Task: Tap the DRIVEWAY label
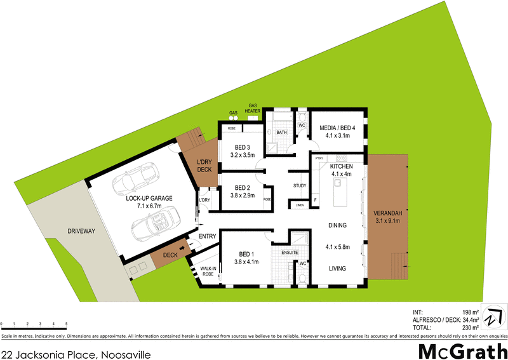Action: point(81,231)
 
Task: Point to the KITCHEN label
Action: point(341,166)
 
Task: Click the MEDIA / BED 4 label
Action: point(337,128)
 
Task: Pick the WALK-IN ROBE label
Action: point(208,272)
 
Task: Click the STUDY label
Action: point(300,186)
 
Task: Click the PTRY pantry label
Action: point(319,158)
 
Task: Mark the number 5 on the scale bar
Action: point(67,324)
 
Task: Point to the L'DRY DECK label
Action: point(204,166)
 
